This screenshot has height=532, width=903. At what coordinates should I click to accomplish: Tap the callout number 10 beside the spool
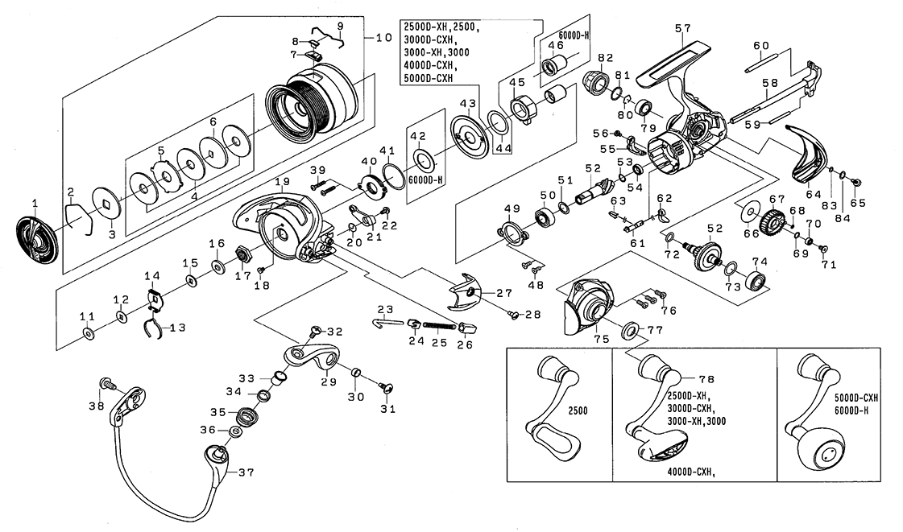(384, 37)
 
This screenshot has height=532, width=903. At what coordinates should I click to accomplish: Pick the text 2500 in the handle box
(577, 410)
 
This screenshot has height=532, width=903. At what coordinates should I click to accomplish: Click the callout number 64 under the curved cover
(814, 194)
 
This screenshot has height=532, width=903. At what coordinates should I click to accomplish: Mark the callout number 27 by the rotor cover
(505, 293)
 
